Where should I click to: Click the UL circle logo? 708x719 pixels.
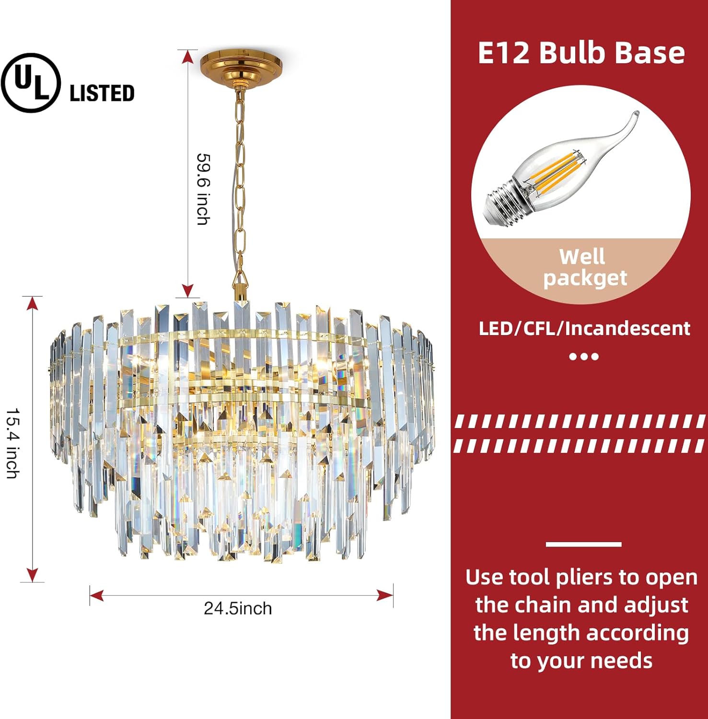pyautogui.click(x=31, y=83)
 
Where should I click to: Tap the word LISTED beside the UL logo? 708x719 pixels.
pyautogui.click(x=102, y=93)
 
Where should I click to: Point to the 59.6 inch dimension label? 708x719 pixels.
pyautogui.click(x=204, y=189)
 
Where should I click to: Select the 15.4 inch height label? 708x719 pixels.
pyautogui.click(x=13, y=443)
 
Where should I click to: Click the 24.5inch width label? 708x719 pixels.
pyautogui.click(x=238, y=609)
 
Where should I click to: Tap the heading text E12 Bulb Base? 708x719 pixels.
pyautogui.click(x=581, y=53)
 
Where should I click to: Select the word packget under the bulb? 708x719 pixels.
pyautogui.click(x=585, y=278)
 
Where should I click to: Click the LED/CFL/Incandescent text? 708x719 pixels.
pyautogui.click(x=584, y=329)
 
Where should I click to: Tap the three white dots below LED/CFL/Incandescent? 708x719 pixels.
pyautogui.click(x=584, y=357)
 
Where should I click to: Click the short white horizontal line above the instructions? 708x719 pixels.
pyautogui.click(x=583, y=544)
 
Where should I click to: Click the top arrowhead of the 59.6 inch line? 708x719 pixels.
pyautogui.click(x=188, y=57)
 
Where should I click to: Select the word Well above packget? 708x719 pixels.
pyautogui.click(x=582, y=257)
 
